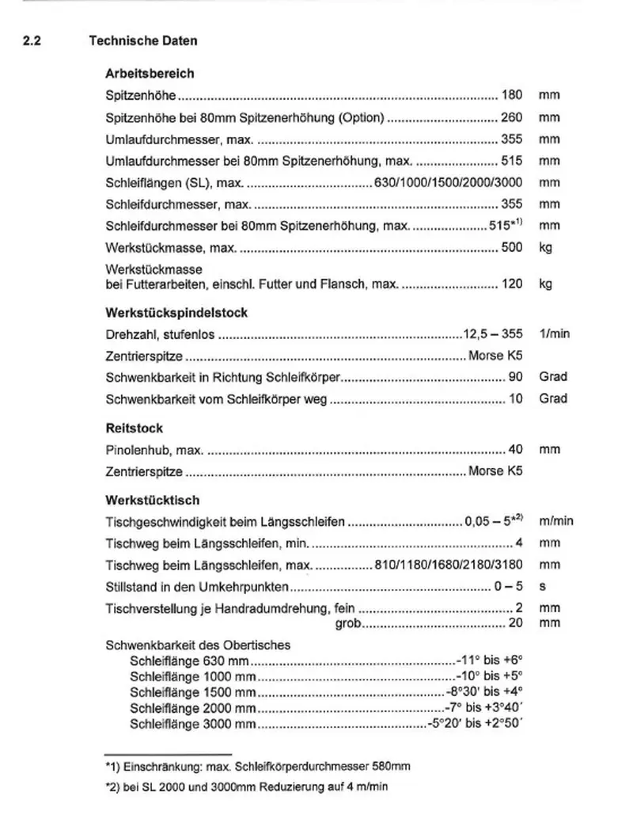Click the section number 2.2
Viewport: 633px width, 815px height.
32,40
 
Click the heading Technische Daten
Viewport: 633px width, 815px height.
143,40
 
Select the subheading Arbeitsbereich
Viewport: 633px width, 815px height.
150,74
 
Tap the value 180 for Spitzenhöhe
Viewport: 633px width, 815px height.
512,96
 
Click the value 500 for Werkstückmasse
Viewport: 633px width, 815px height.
512,248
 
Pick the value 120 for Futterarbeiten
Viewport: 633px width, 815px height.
512,283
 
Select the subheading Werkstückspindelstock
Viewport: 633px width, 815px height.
176,313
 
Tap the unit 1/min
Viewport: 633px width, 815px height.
554,334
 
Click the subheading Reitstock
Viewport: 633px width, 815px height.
135,428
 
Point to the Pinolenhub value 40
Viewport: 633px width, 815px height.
515,450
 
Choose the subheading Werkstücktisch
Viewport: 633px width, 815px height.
152,501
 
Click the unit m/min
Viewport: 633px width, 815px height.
555,522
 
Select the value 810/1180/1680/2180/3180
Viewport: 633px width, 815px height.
448,566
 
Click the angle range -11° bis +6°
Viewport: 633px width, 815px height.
491,660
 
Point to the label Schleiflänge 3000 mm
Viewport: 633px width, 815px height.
193,724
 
